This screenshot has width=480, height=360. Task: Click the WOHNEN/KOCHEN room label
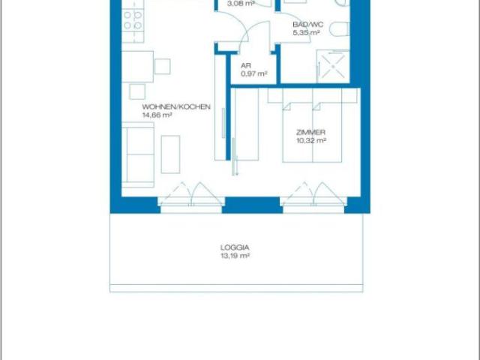[176, 106]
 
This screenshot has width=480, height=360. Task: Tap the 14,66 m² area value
[157, 115]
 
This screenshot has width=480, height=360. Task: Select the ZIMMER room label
[310, 132]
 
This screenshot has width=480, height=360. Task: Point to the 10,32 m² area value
[311, 140]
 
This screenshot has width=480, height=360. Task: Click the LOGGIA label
[235, 247]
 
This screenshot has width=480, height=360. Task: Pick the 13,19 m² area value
[235, 256]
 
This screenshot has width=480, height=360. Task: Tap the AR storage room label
[246, 65]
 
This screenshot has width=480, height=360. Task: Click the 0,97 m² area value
[254, 73]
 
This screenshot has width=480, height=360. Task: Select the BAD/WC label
[308, 25]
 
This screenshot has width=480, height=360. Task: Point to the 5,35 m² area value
[307, 32]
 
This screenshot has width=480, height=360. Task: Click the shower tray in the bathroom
[333, 67]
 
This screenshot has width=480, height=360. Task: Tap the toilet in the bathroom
[340, 29]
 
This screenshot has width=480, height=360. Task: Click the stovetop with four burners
[133, 20]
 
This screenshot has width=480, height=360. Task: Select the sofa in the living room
[138, 155]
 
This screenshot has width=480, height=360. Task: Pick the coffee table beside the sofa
[170, 154]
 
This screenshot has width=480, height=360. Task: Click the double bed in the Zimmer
[312, 125]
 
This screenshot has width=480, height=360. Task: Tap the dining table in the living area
[137, 67]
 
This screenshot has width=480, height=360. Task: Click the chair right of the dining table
[162, 67]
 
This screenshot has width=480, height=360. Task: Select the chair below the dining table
[137, 91]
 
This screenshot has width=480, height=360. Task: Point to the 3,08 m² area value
[241, 4]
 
